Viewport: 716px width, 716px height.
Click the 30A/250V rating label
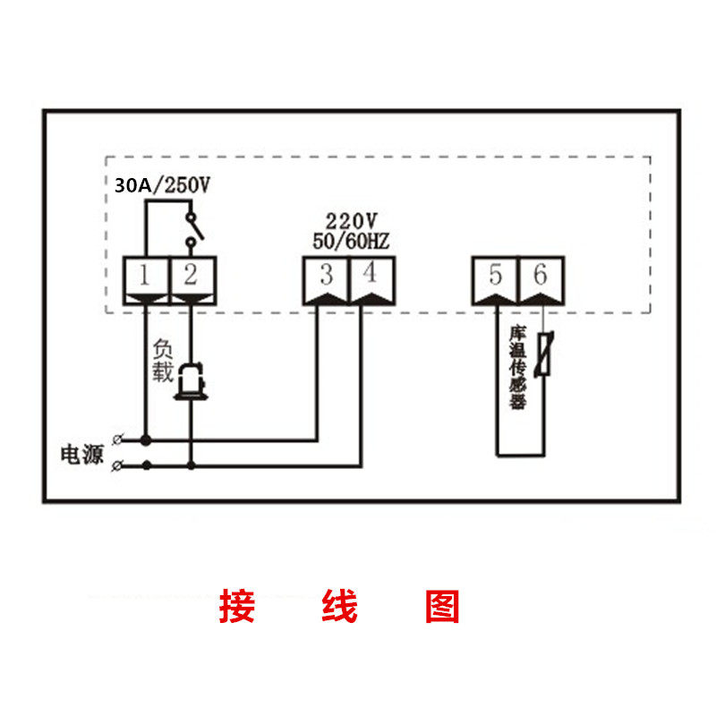point(162,185)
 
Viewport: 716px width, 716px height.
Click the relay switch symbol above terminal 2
point(192,227)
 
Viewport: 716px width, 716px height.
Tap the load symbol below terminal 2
point(190,382)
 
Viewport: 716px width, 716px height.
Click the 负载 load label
point(162,361)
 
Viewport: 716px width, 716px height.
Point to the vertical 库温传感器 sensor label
point(517,367)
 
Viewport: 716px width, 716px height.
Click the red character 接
point(237,606)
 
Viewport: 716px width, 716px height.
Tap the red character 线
point(339,606)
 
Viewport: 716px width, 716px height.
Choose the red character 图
point(442,606)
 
